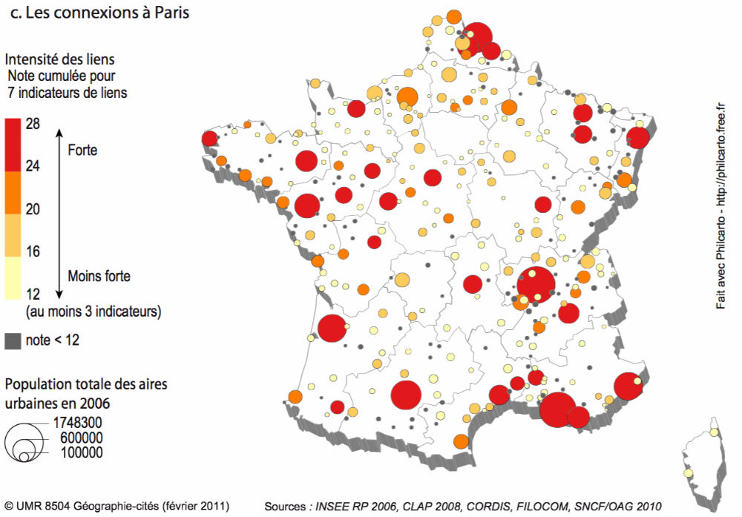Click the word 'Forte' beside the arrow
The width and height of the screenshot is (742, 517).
(82, 150)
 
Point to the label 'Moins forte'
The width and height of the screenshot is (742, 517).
(99, 276)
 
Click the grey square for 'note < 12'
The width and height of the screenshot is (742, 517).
(13, 341)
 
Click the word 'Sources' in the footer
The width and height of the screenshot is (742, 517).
(285, 506)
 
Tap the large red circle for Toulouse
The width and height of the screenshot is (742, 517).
(406, 395)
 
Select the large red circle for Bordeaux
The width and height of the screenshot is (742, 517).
(332, 329)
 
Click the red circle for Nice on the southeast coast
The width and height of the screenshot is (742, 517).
(628, 386)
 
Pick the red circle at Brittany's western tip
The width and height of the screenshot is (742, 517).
(209, 139)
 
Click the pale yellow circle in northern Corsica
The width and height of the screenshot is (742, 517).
(714, 432)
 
